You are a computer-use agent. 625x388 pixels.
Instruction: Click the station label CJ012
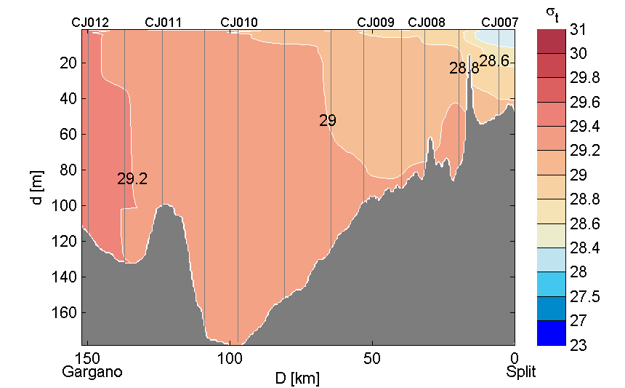coord(90,23)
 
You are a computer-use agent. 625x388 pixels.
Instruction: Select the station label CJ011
coord(164,23)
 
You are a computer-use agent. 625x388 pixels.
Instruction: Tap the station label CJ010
coord(238,23)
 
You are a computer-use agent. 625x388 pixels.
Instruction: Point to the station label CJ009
coord(376,23)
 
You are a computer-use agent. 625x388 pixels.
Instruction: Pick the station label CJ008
coord(427,23)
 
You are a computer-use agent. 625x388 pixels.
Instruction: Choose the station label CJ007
coord(500,23)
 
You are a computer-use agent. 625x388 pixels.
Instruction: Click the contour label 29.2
coord(132,179)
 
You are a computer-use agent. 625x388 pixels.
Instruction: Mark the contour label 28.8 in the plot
coord(464,69)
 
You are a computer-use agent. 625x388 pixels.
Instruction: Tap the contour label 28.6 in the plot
coord(494,62)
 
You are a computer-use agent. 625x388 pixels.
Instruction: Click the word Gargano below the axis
coord(92,372)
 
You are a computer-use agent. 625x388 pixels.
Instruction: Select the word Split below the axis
coord(521,372)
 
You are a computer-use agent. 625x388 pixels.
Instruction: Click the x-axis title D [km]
coord(297,379)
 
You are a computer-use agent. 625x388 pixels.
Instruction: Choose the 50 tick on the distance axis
coord(372,358)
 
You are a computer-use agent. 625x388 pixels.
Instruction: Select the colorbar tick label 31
coord(578,30)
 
